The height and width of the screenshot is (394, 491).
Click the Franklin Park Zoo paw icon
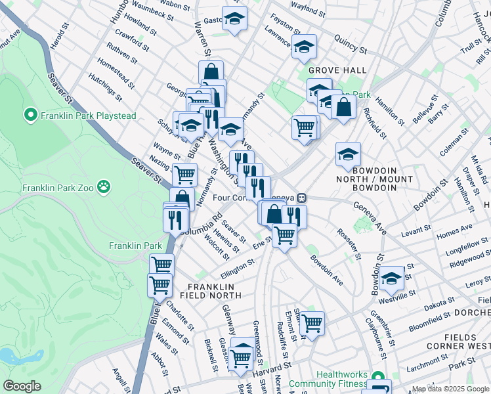(104, 188)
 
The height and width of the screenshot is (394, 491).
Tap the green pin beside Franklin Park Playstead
(30, 116)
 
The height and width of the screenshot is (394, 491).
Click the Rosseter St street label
(349, 244)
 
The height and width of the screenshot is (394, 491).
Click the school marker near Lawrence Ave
(304, 47)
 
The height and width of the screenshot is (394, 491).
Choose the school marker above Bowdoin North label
(348, 154)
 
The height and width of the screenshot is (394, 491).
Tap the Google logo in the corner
(22, 386)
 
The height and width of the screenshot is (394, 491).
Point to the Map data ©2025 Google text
(450, 389)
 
